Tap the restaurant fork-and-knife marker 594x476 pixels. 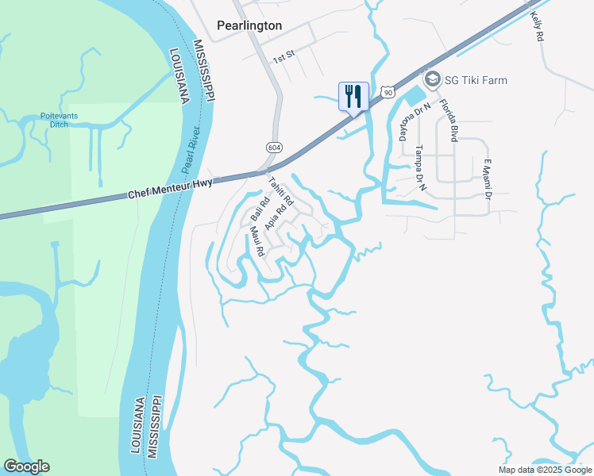352,97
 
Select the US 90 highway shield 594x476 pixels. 387,93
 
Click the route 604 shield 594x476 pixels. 273,148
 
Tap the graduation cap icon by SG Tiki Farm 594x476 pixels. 433,79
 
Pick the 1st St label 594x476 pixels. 283,58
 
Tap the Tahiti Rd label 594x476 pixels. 281,191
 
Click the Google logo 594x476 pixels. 26,466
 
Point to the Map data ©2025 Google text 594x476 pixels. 544,470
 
